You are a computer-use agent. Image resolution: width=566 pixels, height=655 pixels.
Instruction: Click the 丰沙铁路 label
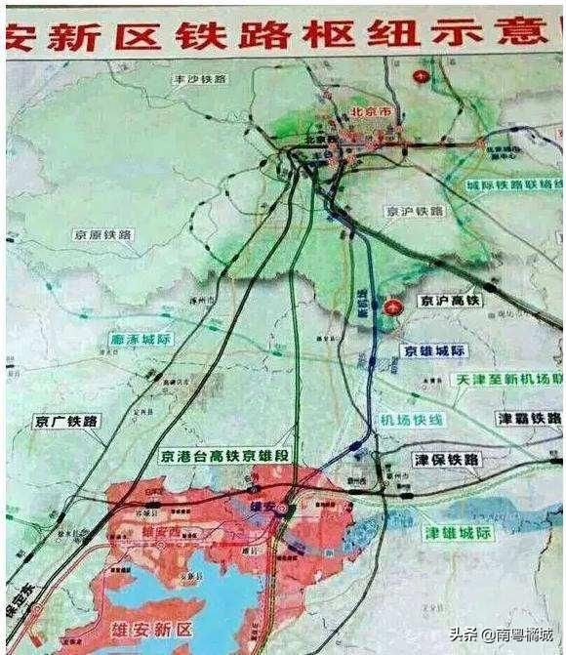coord(201,77)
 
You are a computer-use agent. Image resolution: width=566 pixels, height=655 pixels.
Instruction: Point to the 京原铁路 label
coord(102,235)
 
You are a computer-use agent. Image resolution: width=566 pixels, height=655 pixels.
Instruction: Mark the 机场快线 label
coord(412,420)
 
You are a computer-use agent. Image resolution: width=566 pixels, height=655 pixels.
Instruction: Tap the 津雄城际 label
coord(458,533)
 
